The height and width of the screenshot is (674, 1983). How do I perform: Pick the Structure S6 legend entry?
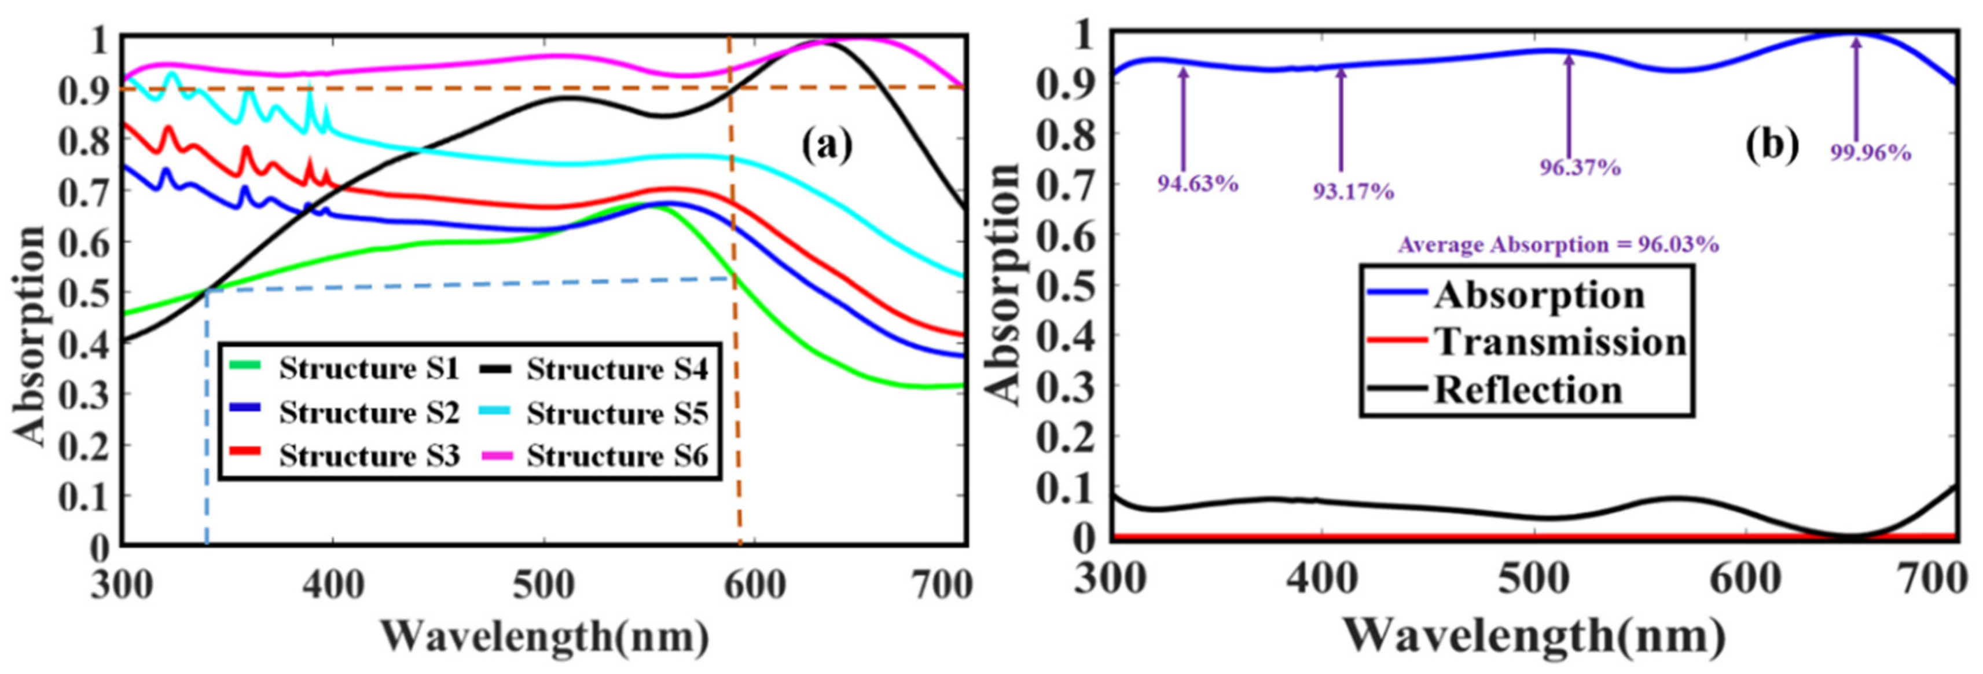pos(616,456)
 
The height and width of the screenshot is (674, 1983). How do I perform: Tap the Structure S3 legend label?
pos(368,456)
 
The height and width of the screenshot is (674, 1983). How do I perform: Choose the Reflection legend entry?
pos(1527,390)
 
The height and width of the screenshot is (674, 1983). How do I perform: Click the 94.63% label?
pos(1198,184)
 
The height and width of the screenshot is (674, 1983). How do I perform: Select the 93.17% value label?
pos(1353,191)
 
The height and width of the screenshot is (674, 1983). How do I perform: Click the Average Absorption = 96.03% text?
pos(1558,245)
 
